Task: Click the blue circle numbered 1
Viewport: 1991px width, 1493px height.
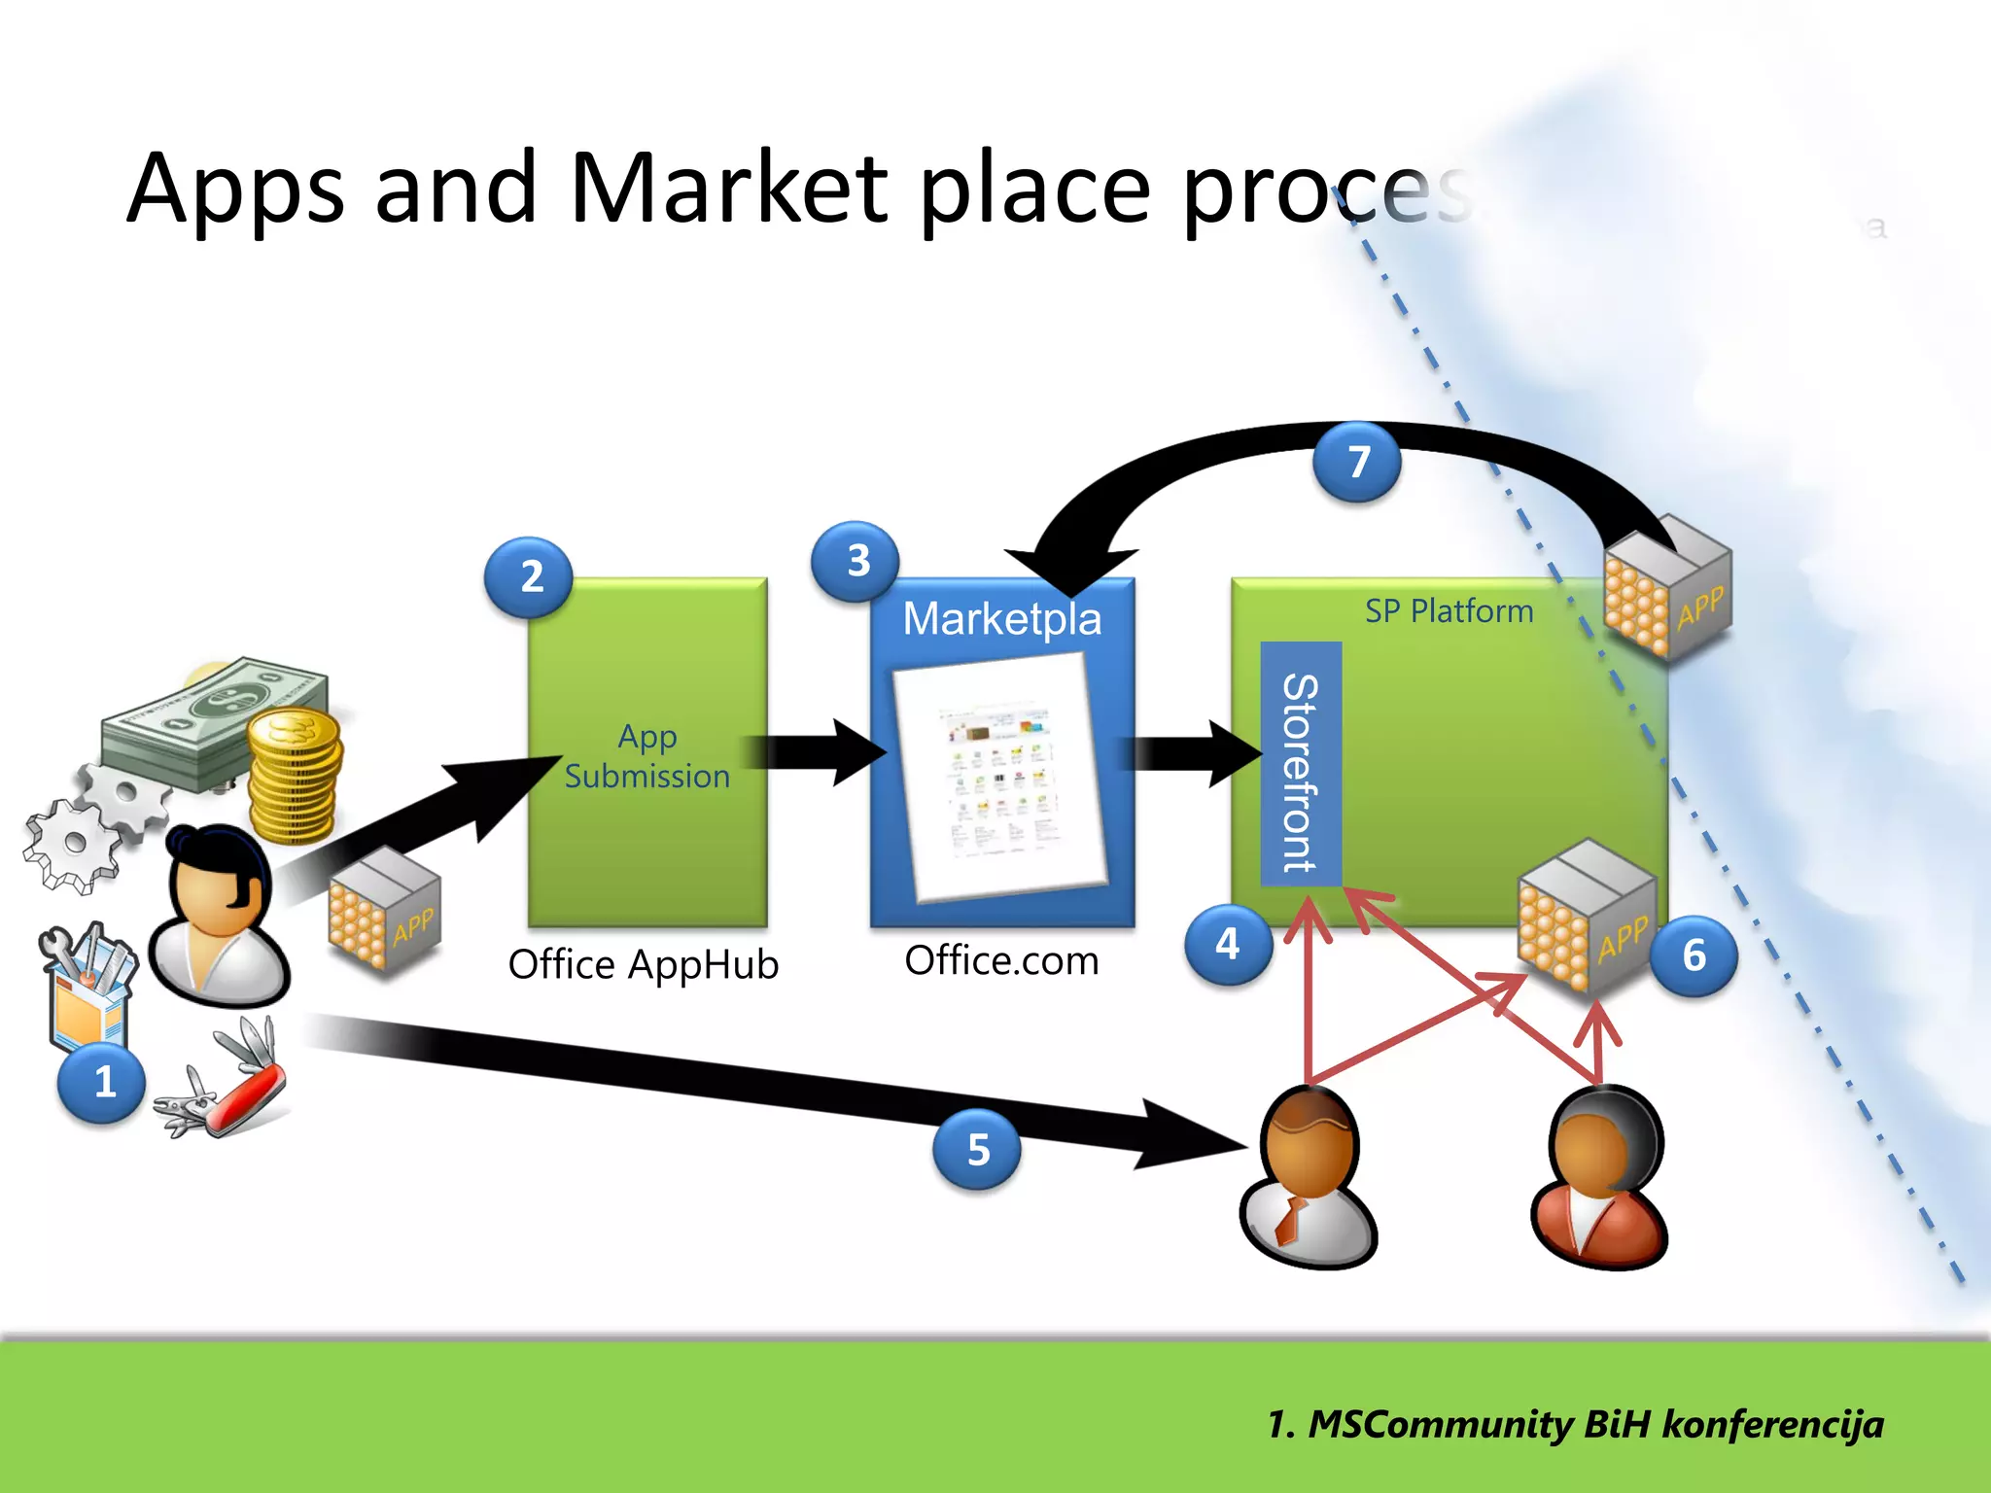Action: pos(101,1082)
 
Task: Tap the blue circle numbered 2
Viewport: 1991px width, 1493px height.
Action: pos(529,577)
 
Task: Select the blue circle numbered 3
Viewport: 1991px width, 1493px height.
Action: pos(856,561)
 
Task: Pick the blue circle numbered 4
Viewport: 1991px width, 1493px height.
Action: pos(1228,944)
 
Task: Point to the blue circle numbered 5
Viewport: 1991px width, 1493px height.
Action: pos(977,1150)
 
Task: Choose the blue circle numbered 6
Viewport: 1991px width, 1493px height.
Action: pos(1694,955)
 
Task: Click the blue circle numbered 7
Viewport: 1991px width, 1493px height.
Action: pos(1357,462)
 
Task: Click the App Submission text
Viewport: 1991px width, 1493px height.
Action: pos(646,756)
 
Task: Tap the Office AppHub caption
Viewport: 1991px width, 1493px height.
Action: pos(643,964)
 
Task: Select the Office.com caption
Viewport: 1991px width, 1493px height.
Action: pos(1001,960)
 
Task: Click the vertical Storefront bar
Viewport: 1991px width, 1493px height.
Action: pos(1301,764)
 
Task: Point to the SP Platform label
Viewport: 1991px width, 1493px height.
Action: pos(1449,611)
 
